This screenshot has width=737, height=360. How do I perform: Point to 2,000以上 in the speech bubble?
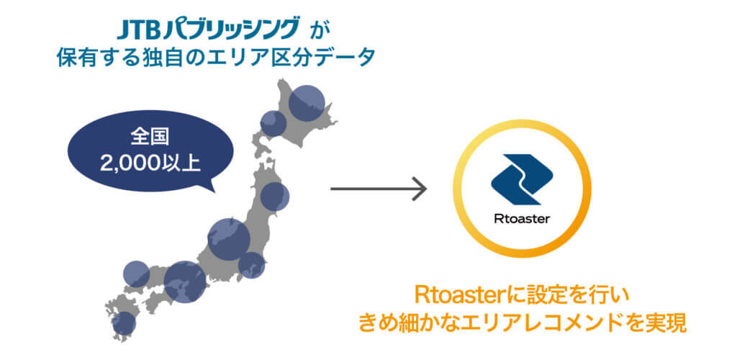point(150,163)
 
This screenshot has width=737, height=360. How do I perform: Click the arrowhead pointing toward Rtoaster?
point(420,189)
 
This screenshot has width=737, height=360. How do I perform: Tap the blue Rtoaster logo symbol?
point(522,179)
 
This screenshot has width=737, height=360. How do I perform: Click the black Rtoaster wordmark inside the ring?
point(522,219)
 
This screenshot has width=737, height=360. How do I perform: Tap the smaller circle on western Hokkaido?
point(273,124)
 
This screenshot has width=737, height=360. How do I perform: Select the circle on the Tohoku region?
point(274,197)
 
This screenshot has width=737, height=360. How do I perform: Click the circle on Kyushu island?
point(124,323)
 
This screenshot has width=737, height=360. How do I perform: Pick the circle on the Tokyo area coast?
point(251,265)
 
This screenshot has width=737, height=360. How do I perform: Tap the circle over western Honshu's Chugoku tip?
point(136,274)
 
